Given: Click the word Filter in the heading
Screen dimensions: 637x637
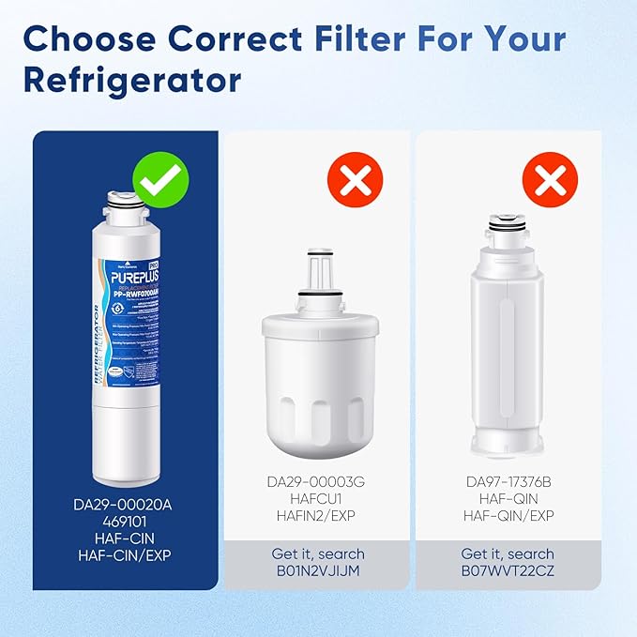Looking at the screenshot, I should (365, 38).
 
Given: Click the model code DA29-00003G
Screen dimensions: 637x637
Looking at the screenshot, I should (315, 482).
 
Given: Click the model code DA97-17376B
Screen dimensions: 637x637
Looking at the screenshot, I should (510, 482).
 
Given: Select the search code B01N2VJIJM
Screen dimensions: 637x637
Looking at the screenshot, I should (315, 572).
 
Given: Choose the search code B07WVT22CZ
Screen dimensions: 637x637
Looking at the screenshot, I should (510, 572).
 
